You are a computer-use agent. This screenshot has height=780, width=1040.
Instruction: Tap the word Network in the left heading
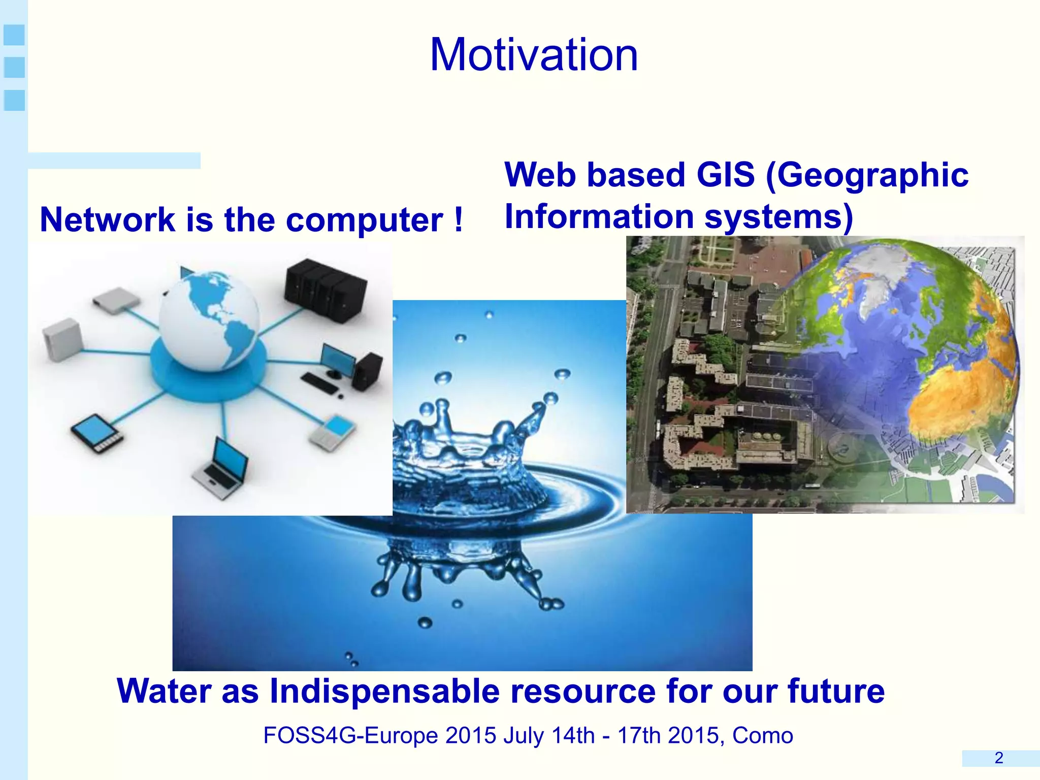click(x=107, y=220)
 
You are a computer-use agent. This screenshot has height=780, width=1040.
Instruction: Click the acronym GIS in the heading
click(x=725, y=175)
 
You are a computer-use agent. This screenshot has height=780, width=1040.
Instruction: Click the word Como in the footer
click(x=762, y=735)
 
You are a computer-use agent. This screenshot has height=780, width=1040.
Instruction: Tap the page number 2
click(x=999, y=758)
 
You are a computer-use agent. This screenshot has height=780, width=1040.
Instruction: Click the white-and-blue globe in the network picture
click(x=209, y=320)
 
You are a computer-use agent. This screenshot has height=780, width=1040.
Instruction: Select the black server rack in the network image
click(x=325, y=289)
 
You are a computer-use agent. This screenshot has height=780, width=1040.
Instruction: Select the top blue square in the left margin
click(x=14, y=35)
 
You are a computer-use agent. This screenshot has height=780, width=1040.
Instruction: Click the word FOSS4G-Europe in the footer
click(x=350, y=735)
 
